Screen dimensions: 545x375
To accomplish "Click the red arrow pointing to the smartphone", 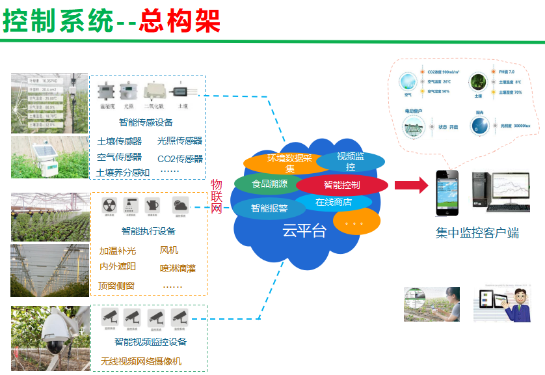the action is [411, 186].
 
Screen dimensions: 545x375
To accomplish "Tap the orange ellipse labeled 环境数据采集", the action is [280, 163].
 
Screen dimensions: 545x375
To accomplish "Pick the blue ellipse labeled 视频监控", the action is [351, 161].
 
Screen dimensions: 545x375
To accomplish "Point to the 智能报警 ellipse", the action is [269, 208].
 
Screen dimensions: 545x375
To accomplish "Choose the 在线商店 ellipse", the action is [334, 202].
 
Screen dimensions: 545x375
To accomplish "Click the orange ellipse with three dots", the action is [356, 223].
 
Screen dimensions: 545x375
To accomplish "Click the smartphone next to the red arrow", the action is [446, 193].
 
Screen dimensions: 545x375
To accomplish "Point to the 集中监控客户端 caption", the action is [477, 233].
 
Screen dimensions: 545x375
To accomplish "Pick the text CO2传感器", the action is [180, 158].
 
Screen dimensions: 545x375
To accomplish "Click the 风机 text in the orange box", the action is [169, 250].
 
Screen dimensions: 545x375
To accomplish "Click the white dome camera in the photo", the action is [56, 335].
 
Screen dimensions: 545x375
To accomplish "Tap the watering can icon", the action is [152, 205].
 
